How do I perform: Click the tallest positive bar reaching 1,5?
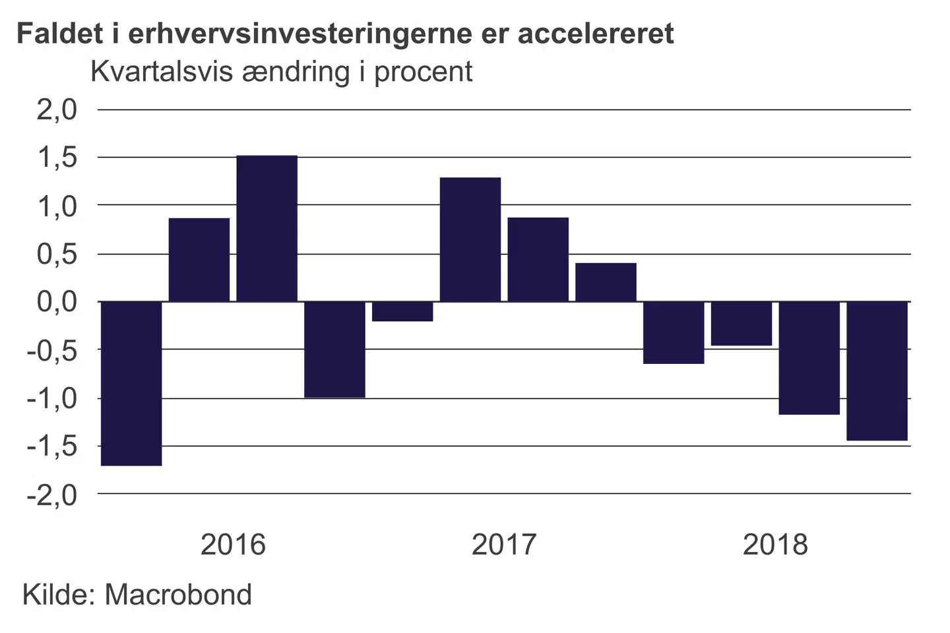point(267,228)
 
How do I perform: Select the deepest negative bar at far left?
point(131,383)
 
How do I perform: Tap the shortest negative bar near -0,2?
point(402,311)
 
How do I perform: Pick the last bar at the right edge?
point(877,371)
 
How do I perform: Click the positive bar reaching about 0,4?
point(606,282)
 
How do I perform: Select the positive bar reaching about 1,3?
point(470,239)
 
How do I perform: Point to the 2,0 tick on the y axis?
point(57,109)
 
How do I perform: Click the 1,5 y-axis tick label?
point(57,158)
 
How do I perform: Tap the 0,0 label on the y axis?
point(57,302)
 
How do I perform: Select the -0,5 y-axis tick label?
point(52,350)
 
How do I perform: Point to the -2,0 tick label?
point(52,495)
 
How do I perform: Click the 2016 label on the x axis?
point(233,545)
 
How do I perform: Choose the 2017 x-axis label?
point(504,545)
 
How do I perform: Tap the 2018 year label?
point(775,545)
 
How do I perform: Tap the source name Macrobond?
point(178,595)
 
